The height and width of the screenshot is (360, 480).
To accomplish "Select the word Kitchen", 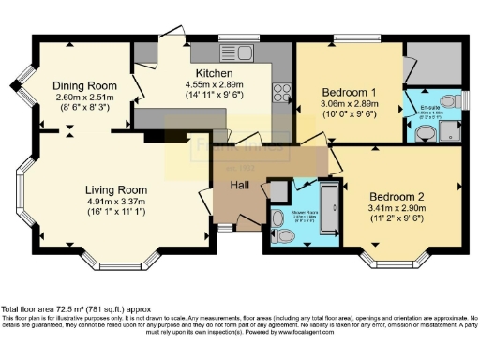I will coord(214,73).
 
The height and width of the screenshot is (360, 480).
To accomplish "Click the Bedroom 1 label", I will coord(348,92).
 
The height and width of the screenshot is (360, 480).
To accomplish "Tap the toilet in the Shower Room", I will coord(277,221).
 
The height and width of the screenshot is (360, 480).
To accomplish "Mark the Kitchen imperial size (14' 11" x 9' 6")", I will coord(214,95).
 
